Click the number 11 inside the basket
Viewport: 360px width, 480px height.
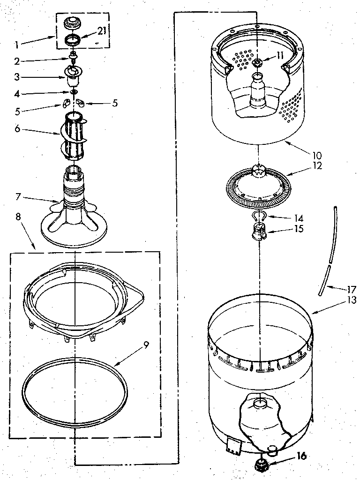[280, 55]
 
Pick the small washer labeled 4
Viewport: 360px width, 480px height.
[74, 91]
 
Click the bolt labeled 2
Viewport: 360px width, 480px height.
[74, 57]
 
